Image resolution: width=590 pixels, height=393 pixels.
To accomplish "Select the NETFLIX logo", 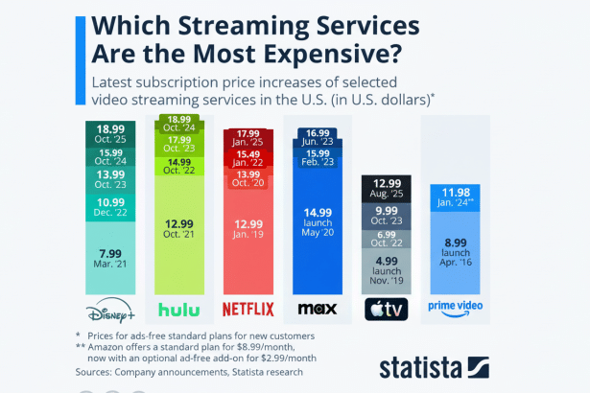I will point(248,309).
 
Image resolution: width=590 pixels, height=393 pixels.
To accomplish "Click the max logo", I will point(316,309).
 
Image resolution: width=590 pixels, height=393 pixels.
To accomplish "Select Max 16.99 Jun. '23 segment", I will point(316,136).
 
